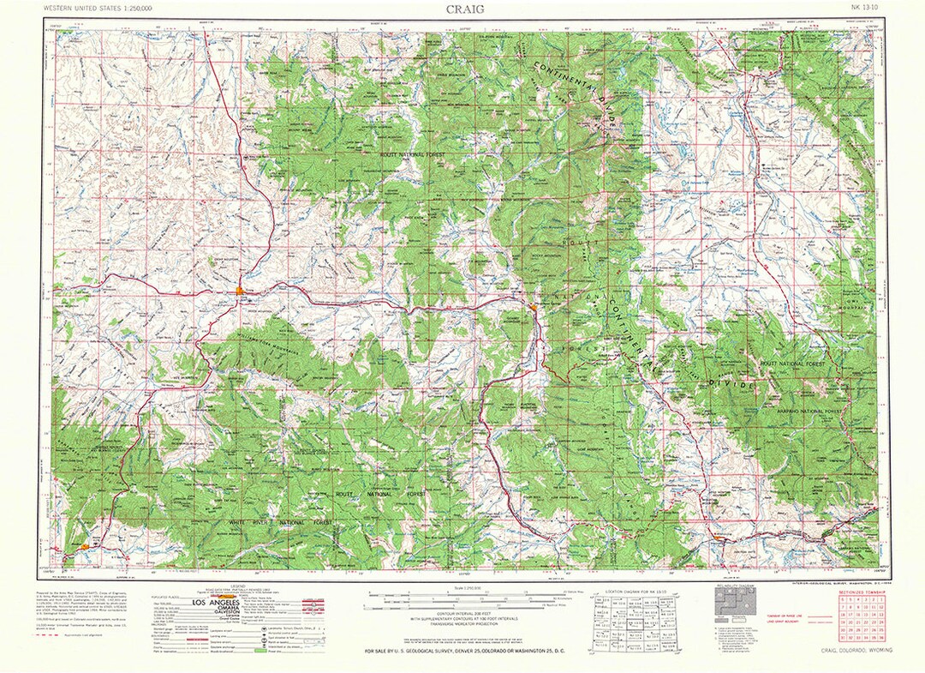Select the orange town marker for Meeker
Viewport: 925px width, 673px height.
[x=86, y=544]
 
